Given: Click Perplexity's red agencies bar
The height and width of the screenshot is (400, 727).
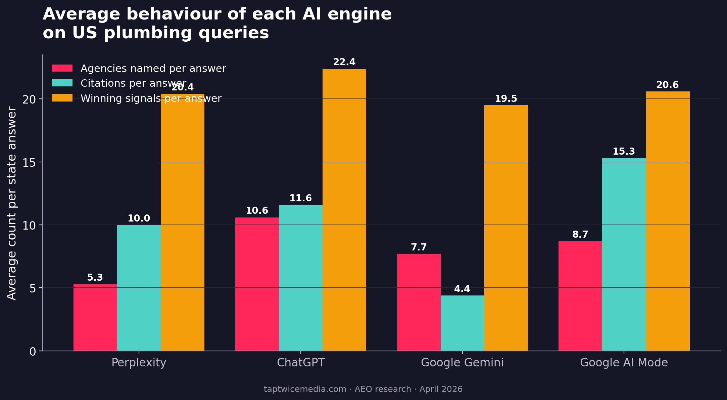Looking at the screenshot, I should [95, 317].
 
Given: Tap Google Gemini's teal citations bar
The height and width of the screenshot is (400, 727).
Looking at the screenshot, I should [462, 323].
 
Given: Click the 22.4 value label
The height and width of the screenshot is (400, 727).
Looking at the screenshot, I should [344, 62].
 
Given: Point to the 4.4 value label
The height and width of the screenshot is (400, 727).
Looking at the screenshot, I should [462, 289].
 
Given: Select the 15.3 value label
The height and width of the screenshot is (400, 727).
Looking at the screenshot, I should [624, 152].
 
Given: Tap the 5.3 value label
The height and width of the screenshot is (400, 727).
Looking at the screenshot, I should [95, 278].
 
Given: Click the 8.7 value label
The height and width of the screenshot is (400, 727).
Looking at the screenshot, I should [580, 235].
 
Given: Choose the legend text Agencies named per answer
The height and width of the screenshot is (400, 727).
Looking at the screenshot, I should [153, 69].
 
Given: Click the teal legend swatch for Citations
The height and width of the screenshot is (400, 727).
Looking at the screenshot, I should [62, 83].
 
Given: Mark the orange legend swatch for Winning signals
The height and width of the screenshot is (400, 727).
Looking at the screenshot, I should [62, 98].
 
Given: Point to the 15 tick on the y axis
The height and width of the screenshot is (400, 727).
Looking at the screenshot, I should [29, 162].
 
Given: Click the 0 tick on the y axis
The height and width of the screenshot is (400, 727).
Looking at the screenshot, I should [33, 352].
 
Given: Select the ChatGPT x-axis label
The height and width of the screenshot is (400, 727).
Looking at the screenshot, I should [301, 363].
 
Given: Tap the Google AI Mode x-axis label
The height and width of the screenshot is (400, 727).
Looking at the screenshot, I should [624, 363].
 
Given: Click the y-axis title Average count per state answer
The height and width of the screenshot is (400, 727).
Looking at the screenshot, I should [12, 203].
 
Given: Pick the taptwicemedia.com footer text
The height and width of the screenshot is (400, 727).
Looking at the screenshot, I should [305, 389].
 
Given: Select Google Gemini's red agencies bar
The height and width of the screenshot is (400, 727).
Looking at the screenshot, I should [419, 302].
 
